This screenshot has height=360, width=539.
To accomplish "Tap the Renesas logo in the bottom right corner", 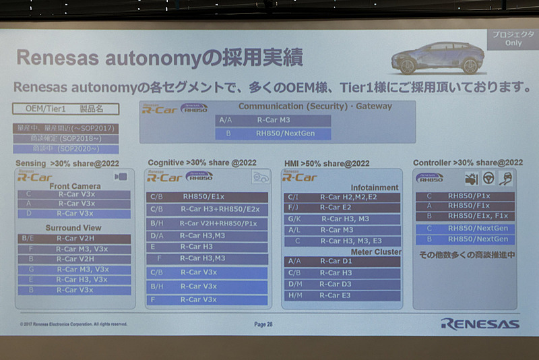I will (480, 324).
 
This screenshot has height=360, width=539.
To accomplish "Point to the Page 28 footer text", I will (264, 324).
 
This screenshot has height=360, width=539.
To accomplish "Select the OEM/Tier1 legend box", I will (65, 109).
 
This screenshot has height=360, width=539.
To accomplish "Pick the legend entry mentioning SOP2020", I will (65, 149).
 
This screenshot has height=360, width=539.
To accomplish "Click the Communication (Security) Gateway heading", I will (315, 107).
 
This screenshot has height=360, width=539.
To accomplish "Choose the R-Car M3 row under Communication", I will (274, 120).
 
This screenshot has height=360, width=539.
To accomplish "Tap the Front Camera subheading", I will (75, 186).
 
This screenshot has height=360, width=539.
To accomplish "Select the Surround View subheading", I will (75, 227).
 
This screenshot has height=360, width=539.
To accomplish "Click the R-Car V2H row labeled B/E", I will (74, 238).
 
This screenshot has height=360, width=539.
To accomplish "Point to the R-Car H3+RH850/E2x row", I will (207, 209).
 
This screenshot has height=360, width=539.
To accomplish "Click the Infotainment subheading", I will (375, 187).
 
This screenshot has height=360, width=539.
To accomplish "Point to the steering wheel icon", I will (486, 178).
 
